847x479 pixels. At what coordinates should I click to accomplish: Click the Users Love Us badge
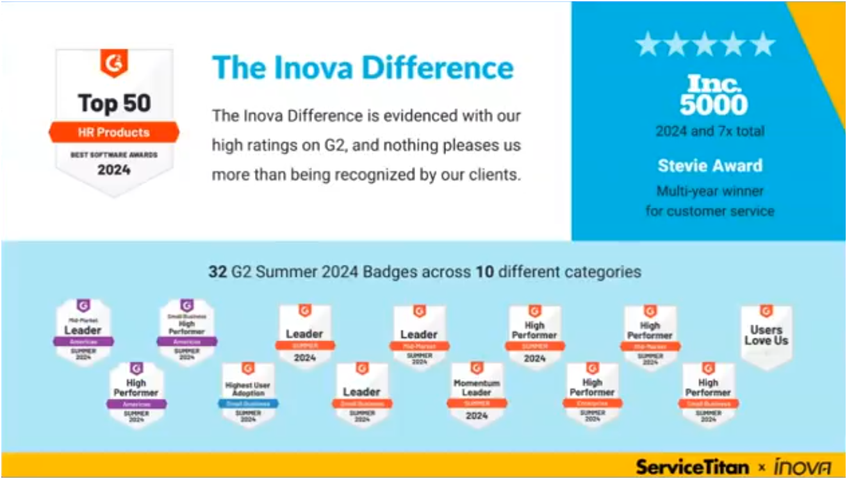tap(766, 336)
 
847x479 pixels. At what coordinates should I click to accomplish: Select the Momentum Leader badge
tap(477, 393)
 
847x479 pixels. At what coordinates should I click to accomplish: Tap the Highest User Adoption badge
tap(248, 393)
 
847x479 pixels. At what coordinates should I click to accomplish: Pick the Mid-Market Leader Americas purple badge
tap(83, 330)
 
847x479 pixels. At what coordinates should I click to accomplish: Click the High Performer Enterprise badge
tap(592, 393)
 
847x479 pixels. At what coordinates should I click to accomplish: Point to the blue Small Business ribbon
tap(248, 403)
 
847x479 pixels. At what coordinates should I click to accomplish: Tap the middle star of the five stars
tap(705, 44)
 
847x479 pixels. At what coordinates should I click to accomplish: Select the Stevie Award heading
tap(710, 165)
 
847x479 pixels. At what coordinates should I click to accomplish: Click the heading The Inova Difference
tap(363, 67)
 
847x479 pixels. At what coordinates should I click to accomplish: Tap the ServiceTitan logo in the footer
tap(692, 466)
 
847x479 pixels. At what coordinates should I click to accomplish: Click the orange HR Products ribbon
tap(114, 133)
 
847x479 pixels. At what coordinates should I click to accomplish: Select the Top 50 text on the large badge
tap(114, 103)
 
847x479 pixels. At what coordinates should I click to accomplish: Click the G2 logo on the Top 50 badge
tap(114, 63)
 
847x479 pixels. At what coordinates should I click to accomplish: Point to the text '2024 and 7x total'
tap(710, 131)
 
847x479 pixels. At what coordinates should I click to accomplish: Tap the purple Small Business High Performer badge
tap(187, 330)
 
